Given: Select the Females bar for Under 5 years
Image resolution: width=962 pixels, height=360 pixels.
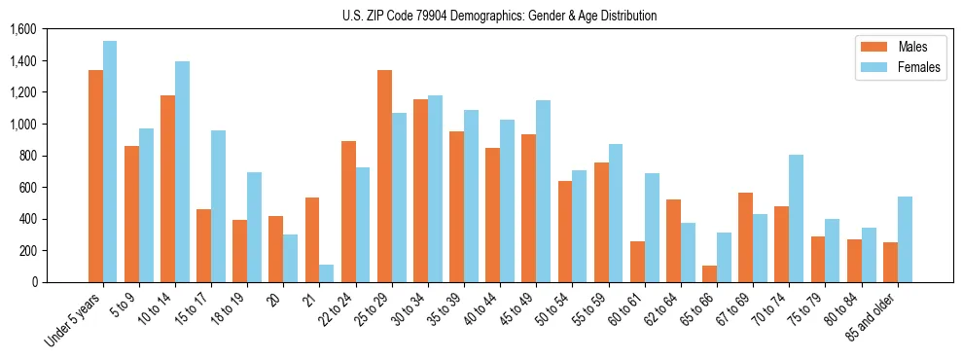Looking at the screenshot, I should click(110, 162).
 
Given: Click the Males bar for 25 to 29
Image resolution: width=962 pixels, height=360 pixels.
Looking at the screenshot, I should click(384, 176).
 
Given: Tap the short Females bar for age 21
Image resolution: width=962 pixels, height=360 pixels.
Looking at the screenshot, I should click(326, 273).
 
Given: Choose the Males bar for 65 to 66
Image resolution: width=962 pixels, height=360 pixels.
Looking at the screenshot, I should click(709, 273).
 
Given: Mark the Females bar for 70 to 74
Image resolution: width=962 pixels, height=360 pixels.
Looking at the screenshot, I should click(796, 218).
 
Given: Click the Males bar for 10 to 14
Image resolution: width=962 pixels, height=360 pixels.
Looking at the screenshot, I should click(167, 189).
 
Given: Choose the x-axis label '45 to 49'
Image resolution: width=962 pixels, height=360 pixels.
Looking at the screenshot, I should click(517, 311).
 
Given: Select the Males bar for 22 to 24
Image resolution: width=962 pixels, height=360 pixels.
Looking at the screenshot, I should click(348, 211).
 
